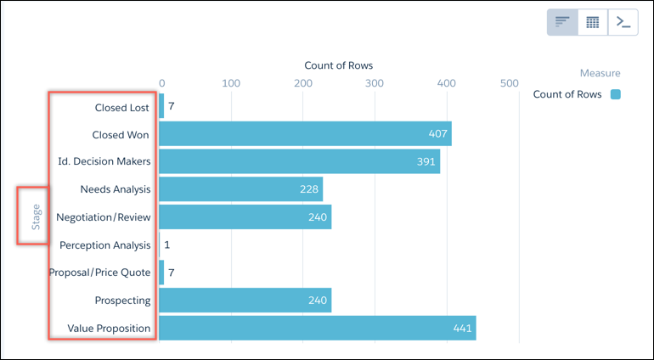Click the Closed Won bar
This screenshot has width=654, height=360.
[x=305, y=134]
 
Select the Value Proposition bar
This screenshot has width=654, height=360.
[x=317, y=328]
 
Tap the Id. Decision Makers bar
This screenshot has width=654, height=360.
[x=299, y=161]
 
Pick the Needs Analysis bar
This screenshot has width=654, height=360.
[x=240, y=189]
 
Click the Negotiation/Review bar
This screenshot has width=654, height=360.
[x=245, y=217]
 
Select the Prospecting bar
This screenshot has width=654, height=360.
[x=245, y=301]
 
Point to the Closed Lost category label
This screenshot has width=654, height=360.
[x=122, y=108]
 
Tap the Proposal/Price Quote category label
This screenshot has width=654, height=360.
[x=99, y=273]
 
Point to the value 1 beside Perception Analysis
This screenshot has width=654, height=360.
[x=167, y=245]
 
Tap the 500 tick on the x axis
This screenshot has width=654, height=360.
[x=509, y=83]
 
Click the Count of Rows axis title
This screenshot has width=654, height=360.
[x=338, y=65]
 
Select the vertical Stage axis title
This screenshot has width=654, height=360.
[x=36, y=217]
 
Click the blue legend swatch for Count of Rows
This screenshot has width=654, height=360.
[x=615, y=94]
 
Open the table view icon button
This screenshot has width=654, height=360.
[x=593, y=22]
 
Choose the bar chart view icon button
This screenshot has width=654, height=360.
[x=562, y=22]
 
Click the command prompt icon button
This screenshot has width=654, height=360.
[x=623, y=22]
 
